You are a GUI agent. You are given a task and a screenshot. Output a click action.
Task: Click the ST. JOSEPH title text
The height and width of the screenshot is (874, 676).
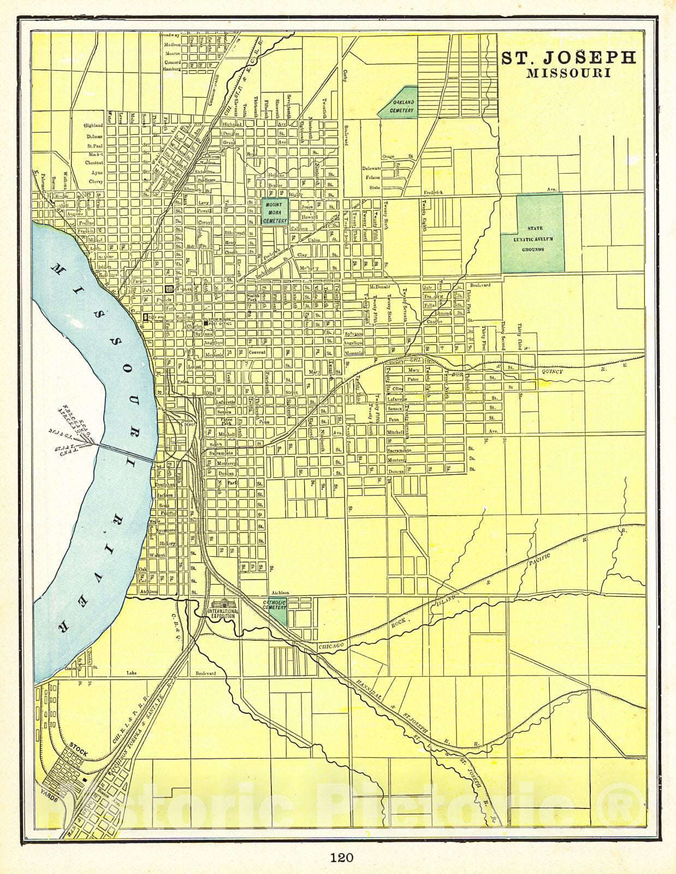pos(569,58)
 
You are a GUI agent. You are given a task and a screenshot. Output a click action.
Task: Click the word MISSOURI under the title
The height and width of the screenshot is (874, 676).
pos(568,74)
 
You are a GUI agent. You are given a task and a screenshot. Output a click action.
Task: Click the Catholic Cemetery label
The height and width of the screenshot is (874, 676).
pos(275,605)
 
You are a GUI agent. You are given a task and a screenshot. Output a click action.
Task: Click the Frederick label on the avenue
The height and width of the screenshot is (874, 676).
pos(435,192)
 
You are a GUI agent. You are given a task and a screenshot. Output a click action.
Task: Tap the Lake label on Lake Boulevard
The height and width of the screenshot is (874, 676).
pos(132,673)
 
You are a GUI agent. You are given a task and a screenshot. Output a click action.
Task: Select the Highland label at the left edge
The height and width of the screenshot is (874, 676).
pos(93,126)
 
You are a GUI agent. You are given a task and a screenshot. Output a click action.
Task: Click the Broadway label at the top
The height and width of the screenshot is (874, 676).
pos(170,36)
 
